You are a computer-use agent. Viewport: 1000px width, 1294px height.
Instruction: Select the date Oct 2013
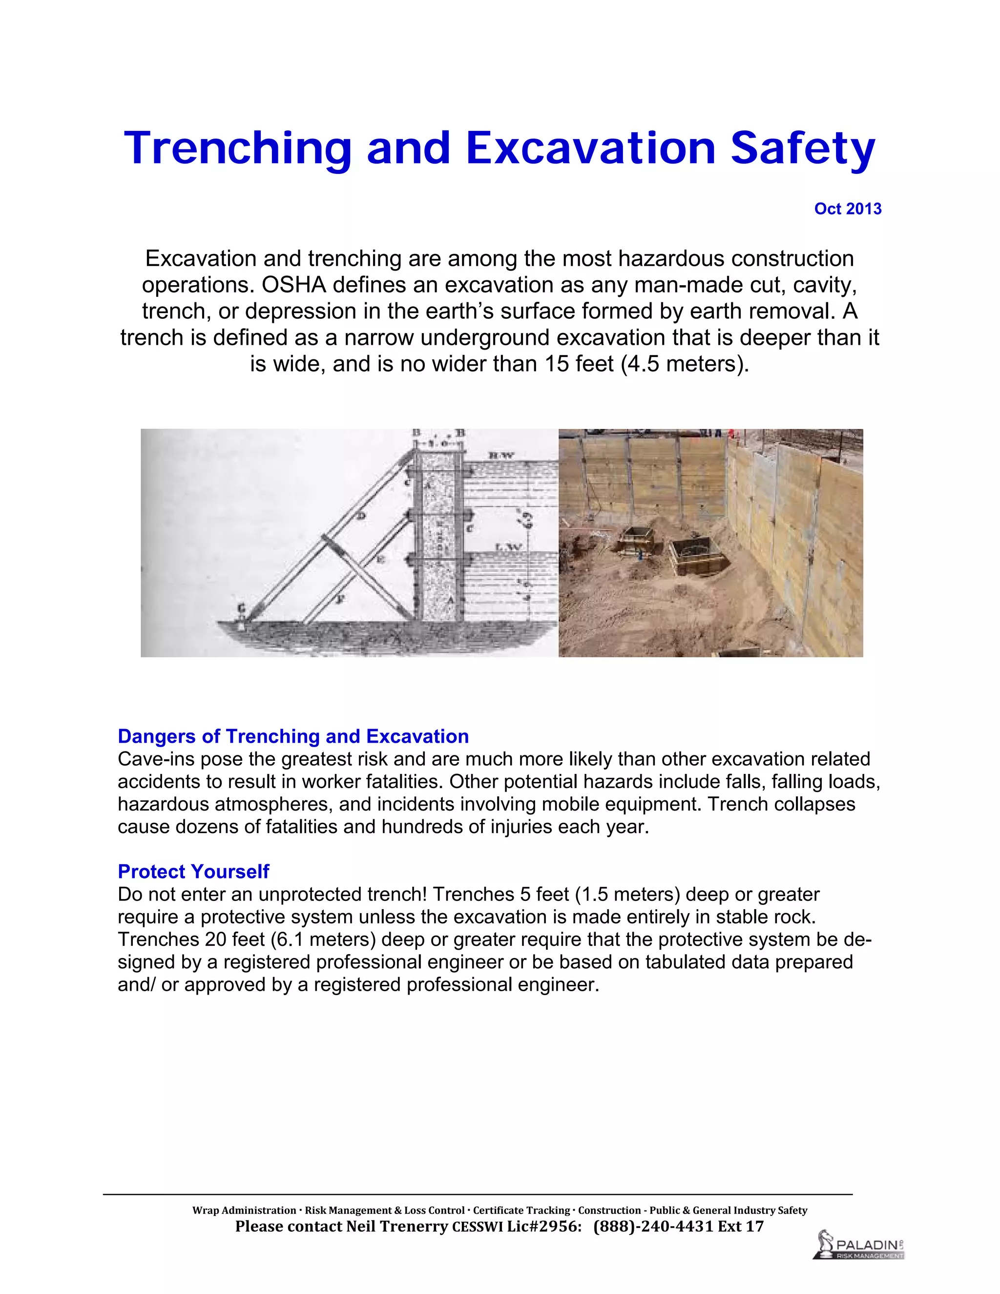click(847, 209)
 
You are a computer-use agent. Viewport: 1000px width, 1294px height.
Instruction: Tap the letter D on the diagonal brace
click(361, 516)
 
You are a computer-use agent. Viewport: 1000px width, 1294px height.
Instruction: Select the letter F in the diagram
click(340, 599)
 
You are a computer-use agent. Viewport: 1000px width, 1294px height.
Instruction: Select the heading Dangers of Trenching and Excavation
click(293, 736)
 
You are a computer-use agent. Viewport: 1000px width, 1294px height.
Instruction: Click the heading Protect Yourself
click(193, 871)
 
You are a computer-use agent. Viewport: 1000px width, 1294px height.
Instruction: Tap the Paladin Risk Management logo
click(859, 1244)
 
